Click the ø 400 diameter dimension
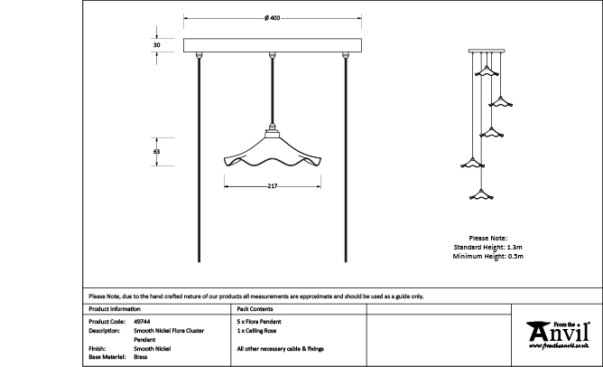click(x=272, y=19)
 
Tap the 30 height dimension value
click(x=157, y=44)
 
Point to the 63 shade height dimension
click(x=157, y=152)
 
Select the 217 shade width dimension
click(x=272, y=186)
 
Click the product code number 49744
click(x=142, y=321)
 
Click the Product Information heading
click(x=115, y=308)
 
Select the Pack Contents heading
click(x=255, y=308)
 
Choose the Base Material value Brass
click(x=140, y=357)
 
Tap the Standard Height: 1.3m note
click(x=487, y=247)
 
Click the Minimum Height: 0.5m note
click(x=487, y=257)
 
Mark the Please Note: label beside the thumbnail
click(x=487, y=237)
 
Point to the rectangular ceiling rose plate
click(x=272, y=45)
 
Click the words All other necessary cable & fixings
click(x=280, y=348)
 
